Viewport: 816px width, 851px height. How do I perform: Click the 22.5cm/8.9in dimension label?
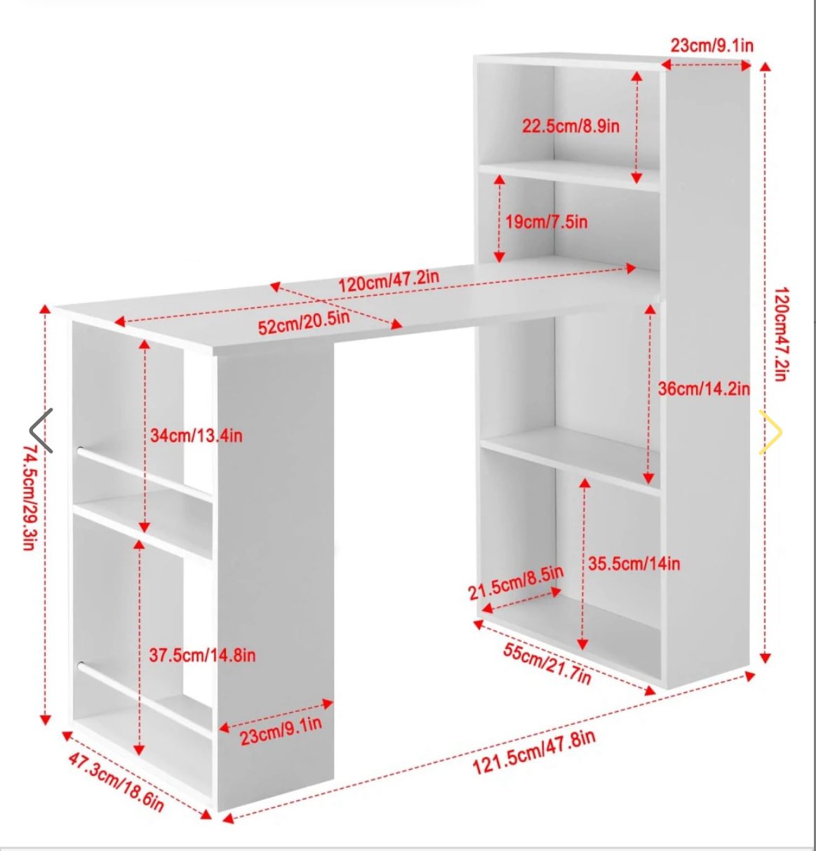tap(570, 126)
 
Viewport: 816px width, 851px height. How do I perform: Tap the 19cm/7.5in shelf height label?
tap(547, 222)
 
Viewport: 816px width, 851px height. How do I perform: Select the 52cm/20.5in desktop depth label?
tap(304, 323)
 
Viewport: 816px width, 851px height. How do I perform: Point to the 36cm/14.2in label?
tap(704, 389)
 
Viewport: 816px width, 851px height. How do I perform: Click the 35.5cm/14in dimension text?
tap(634, 563)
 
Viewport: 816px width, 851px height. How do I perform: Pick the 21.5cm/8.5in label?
tap(516, 584)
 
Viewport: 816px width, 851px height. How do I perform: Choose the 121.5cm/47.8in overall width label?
tap(534, 752)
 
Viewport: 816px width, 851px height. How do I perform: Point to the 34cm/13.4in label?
tap(196, 436)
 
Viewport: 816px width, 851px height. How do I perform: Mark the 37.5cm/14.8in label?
tap(202, 655)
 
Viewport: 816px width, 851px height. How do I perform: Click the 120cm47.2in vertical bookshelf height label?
tap(782, 334)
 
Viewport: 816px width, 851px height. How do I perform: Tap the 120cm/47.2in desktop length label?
tap(389, 281)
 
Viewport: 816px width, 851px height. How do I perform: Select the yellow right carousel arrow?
tap(770, 432)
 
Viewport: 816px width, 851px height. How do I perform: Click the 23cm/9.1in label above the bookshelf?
tap(712, 46)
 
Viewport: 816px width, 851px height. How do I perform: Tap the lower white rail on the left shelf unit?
tap(145, 695)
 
